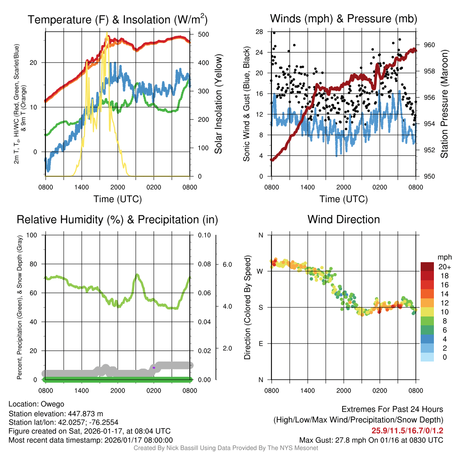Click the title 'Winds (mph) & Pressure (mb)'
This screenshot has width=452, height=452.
click(x=343, y=19)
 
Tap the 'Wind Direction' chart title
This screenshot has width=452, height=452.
click(x=343, y=219)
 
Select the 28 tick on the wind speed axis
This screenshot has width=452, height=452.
click(x=259, y=31)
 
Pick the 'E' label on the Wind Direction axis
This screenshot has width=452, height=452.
click(x=260, y=343)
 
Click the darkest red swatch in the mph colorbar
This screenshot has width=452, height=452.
click(x=427, y=267)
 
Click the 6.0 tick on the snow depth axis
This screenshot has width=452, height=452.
click(x=227, y=264)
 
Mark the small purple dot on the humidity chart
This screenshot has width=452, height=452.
click(x=154, y=367)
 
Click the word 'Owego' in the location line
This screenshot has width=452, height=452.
click(x=53, y=404)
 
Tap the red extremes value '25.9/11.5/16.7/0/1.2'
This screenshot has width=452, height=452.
click(x=407, y=431)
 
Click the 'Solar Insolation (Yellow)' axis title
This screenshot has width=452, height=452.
click(x=218, y=105)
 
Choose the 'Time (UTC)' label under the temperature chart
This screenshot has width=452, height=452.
click(x=117, y=199)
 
